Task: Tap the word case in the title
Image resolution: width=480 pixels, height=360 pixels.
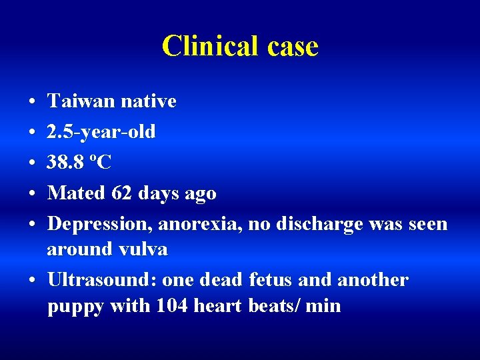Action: click(291, 46)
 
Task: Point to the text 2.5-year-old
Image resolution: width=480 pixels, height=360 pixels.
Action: click(101, 132)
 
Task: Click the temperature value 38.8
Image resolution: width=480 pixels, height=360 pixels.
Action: click(69, 163)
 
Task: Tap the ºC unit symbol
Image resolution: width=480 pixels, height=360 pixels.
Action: click(104, 163)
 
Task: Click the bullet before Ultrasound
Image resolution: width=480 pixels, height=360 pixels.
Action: click(32, 280)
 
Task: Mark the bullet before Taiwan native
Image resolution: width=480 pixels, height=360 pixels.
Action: click(32, 102)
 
